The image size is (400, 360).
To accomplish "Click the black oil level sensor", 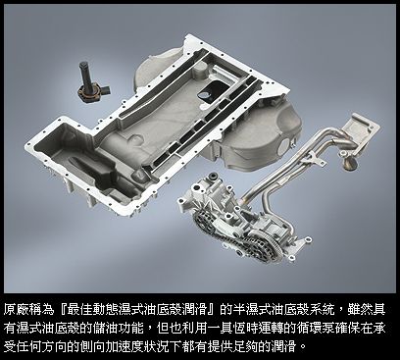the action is tap(91, 82).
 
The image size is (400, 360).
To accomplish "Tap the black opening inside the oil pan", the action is tap(209, 91).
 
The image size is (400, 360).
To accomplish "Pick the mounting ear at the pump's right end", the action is tap(307, 240).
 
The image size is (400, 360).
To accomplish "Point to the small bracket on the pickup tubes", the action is tap(317, 159).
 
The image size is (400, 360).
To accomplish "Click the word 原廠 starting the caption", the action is tap(17, 309).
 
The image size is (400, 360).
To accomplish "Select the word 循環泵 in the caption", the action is tap(313, 328).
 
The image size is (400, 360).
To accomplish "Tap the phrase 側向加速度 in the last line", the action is tap(130, 346).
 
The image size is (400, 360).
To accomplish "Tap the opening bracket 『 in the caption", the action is tap(61, 309).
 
